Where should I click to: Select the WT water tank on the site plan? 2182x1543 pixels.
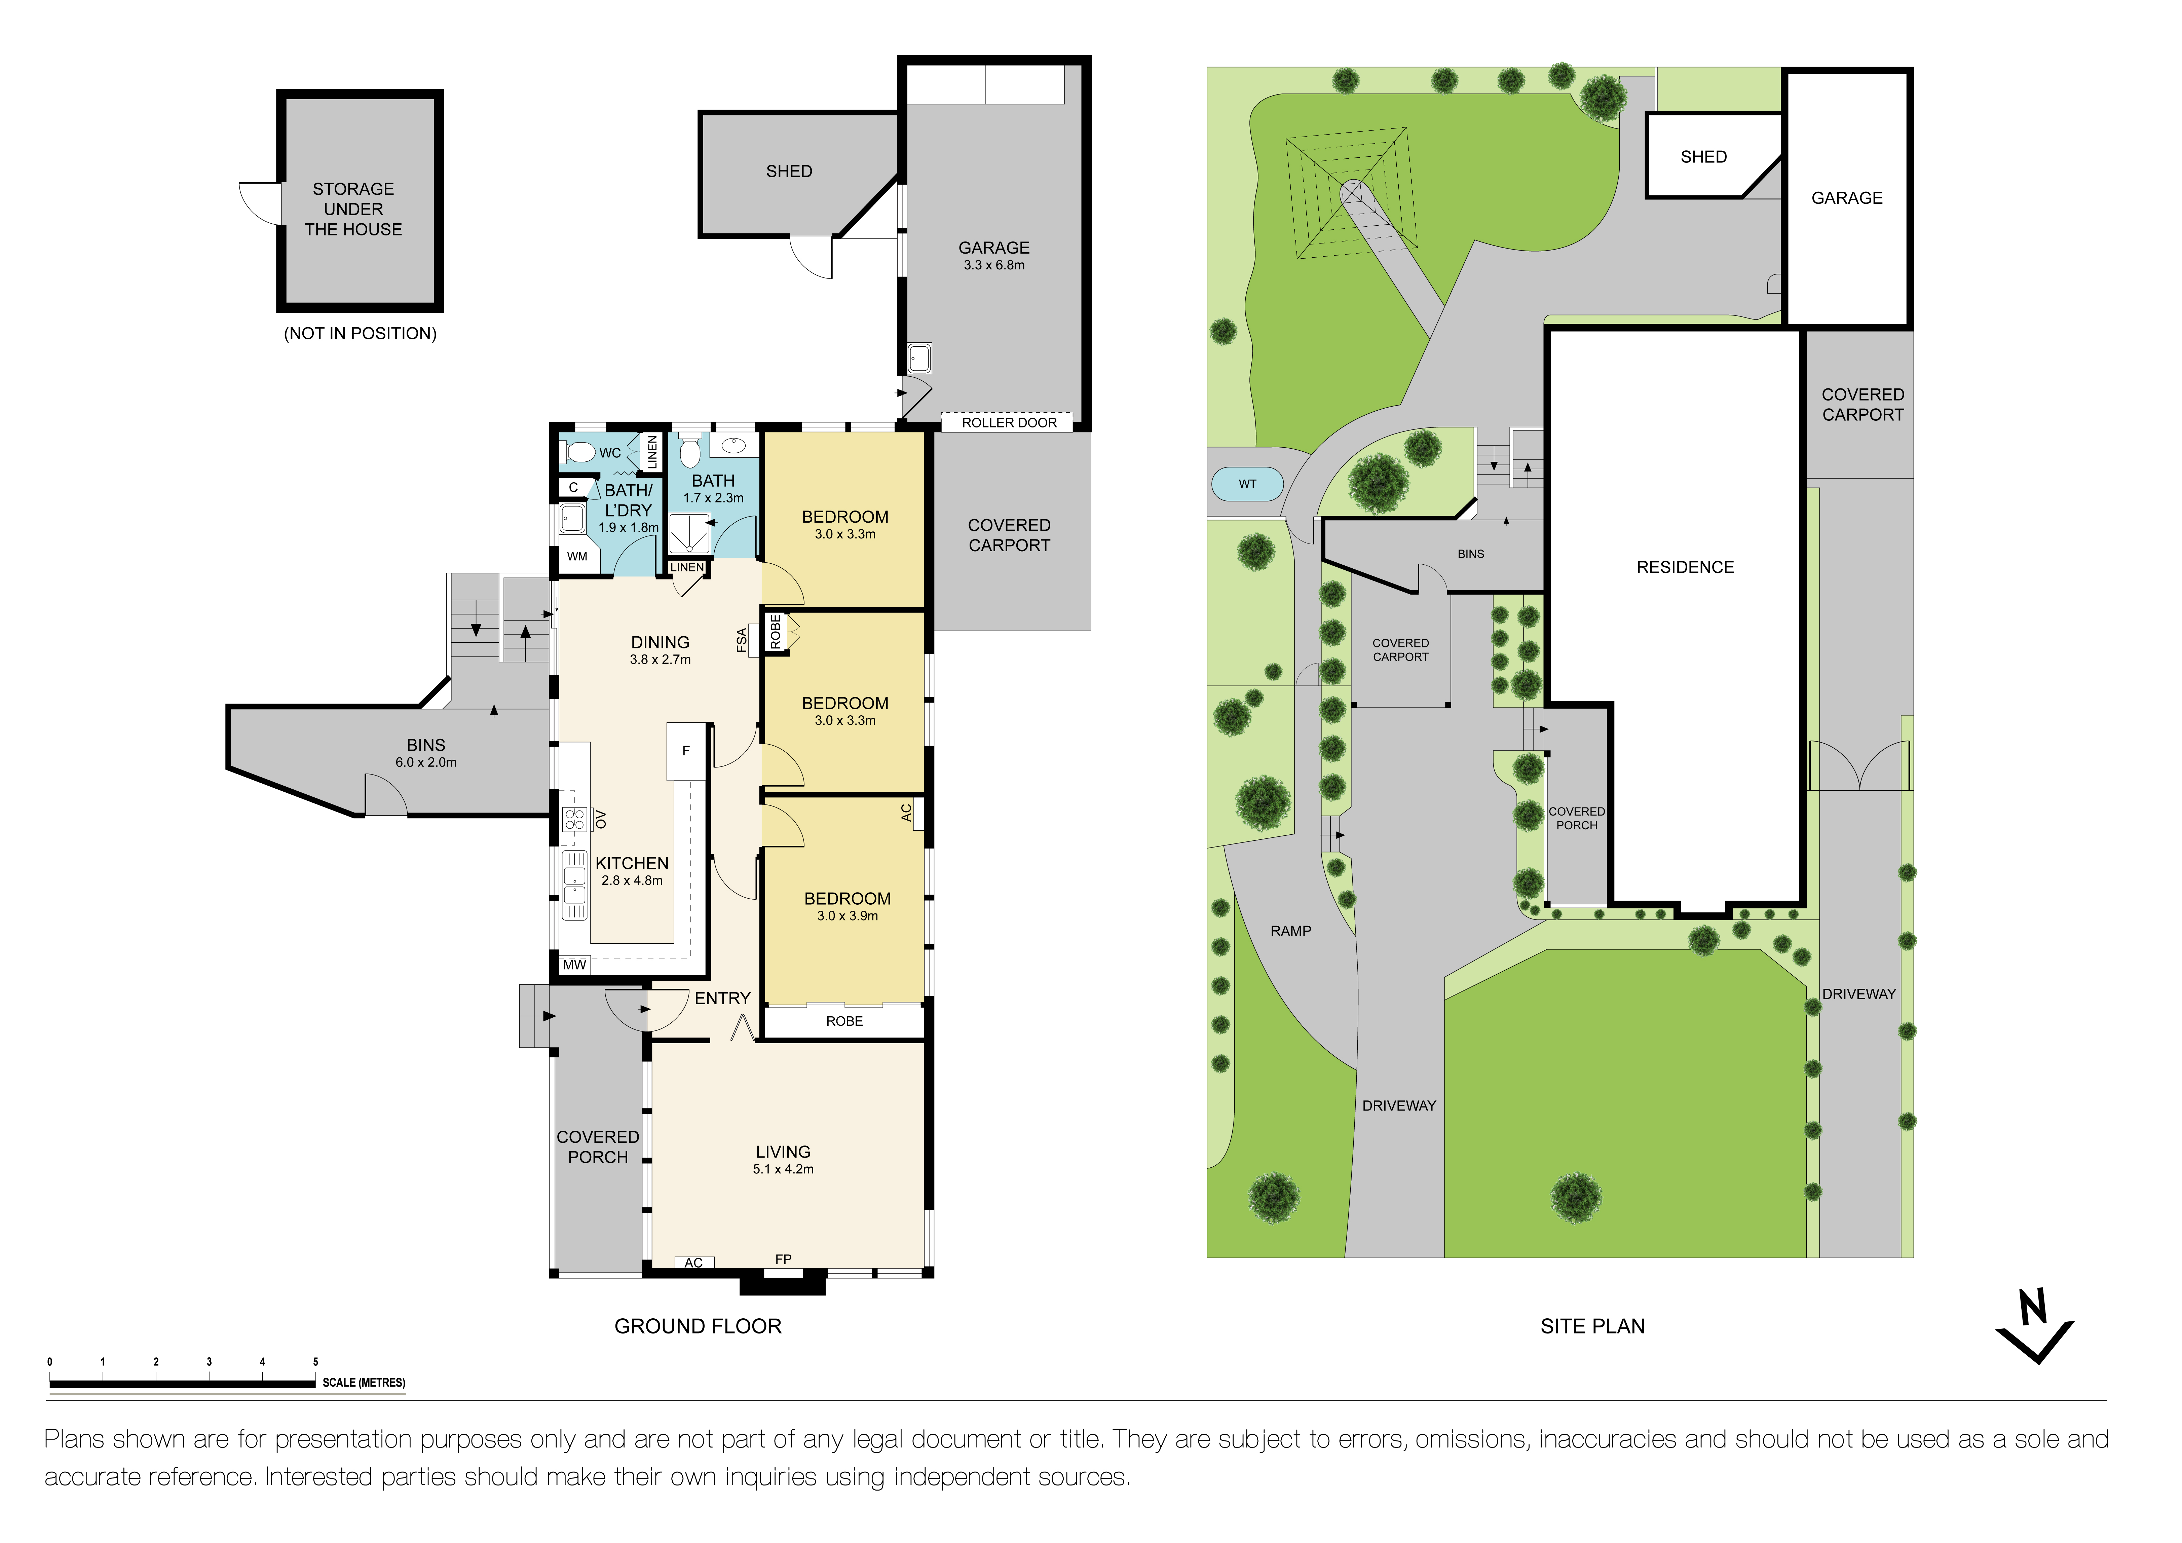coord(1247,484)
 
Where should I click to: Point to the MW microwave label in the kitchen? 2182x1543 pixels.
coord(574,965)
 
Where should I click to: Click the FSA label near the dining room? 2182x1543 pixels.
coord(742,640)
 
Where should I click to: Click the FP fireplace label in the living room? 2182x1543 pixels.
coord(783,1259)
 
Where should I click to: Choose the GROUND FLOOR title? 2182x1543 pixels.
coord(698,1326)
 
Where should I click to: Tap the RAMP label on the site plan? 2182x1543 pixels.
coord(1290,931)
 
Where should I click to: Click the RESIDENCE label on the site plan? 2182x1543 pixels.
coord(1685,567)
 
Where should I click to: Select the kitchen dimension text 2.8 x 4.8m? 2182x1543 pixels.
coord(632,881)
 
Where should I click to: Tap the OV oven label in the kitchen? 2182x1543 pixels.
coord(601,819)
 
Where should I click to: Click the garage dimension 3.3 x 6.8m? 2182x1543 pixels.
coord(994,265)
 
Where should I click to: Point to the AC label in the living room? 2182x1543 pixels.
coord(694,1263)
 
